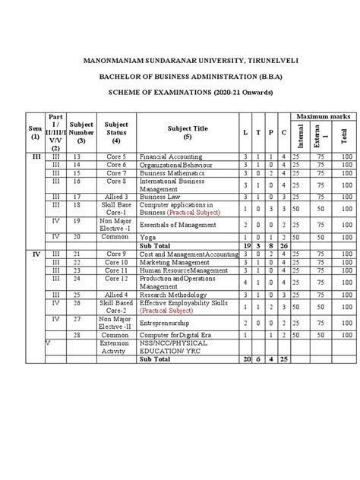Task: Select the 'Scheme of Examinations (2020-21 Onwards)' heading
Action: [x=180, y=92]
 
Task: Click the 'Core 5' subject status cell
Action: [x=116, y=155]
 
